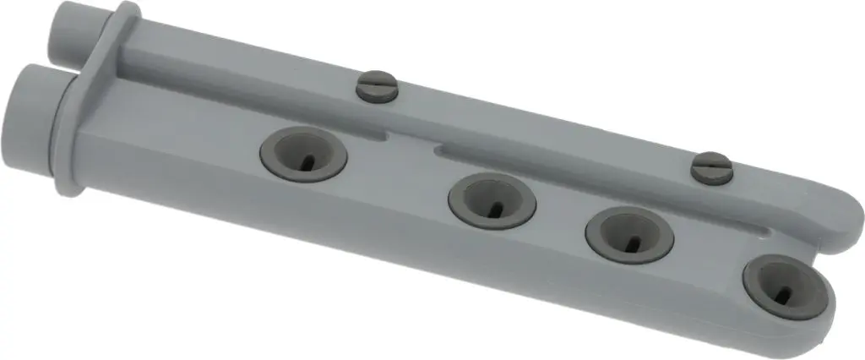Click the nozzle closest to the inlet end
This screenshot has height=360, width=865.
tap(302, 155)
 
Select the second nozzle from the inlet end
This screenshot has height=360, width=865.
tap(492, 200)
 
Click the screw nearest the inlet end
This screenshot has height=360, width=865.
tap(376, 85)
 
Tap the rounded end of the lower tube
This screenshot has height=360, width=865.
tap(824, 317)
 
